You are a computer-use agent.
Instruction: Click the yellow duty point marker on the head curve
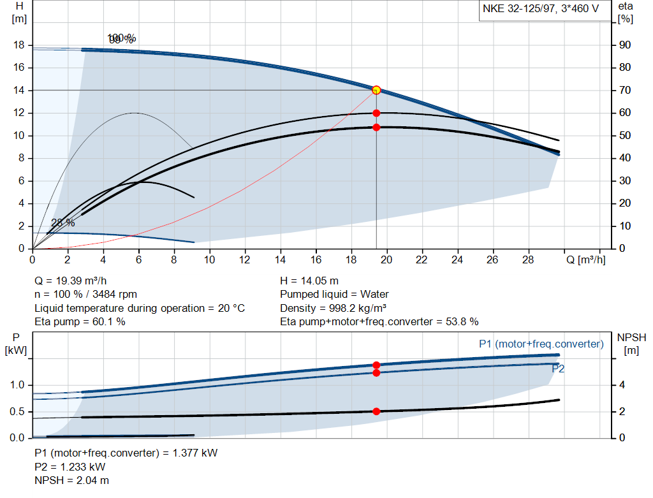point(376,90)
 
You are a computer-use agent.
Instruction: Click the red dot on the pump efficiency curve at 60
point(376,113)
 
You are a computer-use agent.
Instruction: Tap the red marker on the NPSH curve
point(376,411)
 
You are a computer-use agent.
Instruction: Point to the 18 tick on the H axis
point(18,45)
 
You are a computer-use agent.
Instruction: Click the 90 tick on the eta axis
point(626,45)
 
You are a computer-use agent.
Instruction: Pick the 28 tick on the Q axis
point(529,260)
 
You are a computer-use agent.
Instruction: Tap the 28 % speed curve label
point(62,223)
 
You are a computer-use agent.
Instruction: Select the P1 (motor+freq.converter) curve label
point(541,344)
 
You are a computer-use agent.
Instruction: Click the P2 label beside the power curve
point(558,369)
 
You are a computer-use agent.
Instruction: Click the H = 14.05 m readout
point(311,281)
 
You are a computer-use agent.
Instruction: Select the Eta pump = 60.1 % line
point(80,321)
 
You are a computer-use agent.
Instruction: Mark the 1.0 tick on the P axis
point(18,385)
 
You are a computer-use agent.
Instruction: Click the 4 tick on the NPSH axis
point(622,385)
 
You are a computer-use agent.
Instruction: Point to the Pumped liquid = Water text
point(334,294)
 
